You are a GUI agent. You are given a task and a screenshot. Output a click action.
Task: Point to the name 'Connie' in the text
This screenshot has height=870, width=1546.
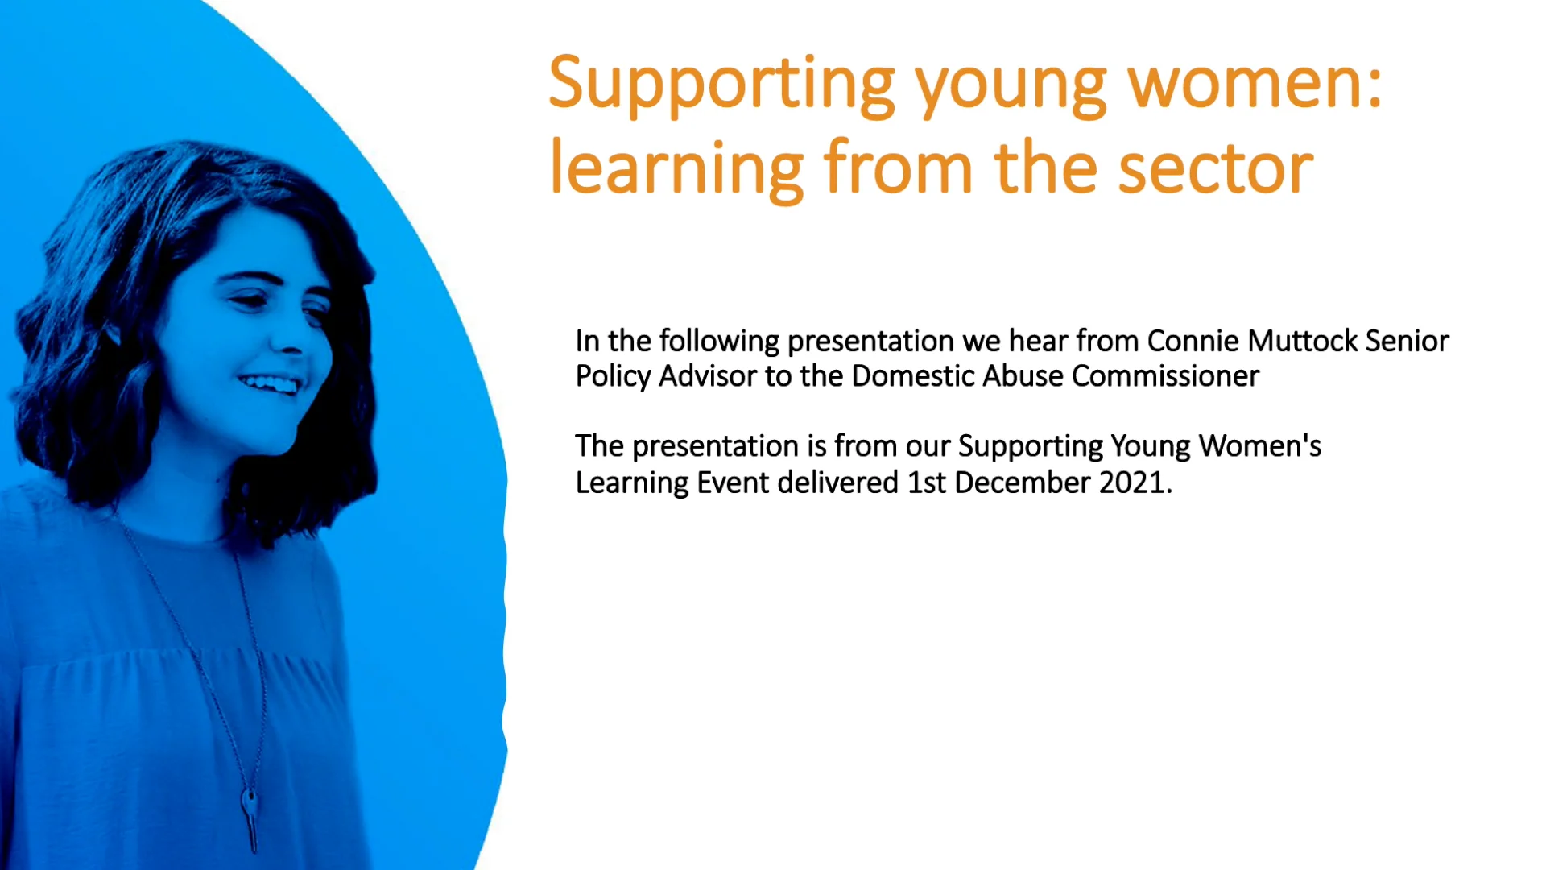tap(1193, 341)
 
